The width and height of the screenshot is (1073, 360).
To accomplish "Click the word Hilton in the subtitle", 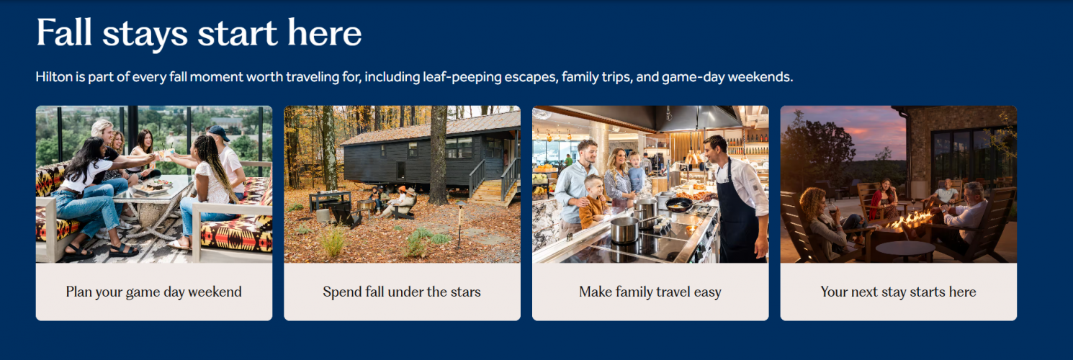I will (x=53, y=76).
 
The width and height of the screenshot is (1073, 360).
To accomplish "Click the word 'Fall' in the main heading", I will (x=64, y=32).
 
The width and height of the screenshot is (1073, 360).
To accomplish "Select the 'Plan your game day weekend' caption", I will (x=154, y=292).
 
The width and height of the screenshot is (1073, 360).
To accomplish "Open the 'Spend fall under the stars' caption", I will (x=402, y=292).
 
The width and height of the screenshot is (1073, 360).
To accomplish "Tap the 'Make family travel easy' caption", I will (x=650, y=292).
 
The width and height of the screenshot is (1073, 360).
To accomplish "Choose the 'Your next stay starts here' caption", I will (x=898, y=292).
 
